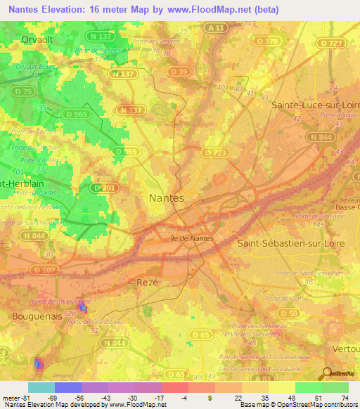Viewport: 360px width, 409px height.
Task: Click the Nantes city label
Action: click(167, 198)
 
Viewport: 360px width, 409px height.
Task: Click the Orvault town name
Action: click(37, 40)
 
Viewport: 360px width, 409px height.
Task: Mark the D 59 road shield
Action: click(288, 313)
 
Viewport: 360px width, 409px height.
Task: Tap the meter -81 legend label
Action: click(13, 397)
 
